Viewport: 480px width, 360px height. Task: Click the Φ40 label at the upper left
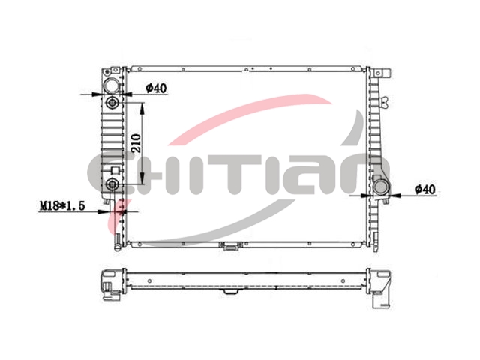point(156,88)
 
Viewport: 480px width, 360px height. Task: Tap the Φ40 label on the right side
point(425,190)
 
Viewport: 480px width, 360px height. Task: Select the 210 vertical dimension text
point(136,143)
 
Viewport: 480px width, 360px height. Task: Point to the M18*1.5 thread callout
point(62,205)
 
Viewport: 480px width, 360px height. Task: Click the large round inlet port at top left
point(112,85)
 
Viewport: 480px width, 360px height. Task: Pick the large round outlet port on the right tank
point(381,187)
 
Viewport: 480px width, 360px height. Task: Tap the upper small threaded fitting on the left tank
point(112,102)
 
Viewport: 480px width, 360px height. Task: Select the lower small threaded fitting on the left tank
point(112,184)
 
